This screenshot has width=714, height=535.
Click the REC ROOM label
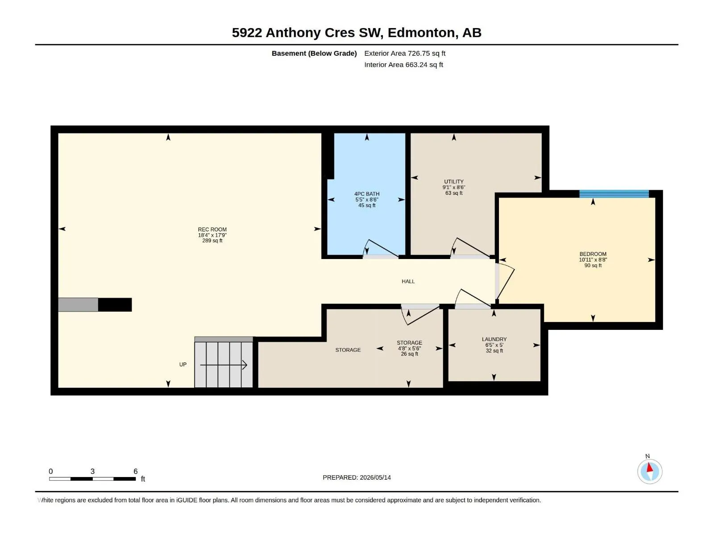click(x=212, y=229)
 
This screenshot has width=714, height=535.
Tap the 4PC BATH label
click(x=367, y=194)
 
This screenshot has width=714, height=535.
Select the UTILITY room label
click(x=453, y=181)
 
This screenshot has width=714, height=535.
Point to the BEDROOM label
click(x=593, y=254)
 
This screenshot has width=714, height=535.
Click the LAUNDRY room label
click(x=494, y=339)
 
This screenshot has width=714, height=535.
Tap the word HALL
click(x=408, y=281)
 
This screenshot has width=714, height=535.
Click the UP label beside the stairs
click(x=183, y=364)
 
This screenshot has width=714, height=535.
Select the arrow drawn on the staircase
click(x=224, y=365)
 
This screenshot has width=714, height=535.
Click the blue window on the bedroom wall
click(x=614, y=194)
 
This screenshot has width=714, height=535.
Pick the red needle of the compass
click(x=649, y=468)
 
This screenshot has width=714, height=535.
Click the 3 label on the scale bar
click(x=92, y=471)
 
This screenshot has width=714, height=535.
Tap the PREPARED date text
click(x=357, y=477)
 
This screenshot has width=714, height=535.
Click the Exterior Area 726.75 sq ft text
click(x=405, y=53)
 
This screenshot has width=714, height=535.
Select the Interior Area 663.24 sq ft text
click(x=403, y=65)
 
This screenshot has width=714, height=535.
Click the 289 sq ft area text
click(x=212, y=241)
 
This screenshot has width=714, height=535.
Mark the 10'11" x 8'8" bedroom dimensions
click(x=593, y=259)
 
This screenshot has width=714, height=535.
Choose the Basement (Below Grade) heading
click(x=314, y=53)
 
